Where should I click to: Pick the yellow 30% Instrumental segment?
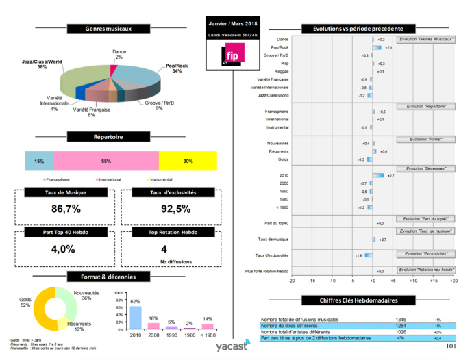coord(187,161)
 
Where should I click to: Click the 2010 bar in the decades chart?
coord(136,317)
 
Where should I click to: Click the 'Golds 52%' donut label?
coord(25,303)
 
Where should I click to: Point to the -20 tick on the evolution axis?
coord(292,281)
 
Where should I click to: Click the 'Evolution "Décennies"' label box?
coord(426,168)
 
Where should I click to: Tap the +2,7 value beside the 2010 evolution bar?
coord(390,176)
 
